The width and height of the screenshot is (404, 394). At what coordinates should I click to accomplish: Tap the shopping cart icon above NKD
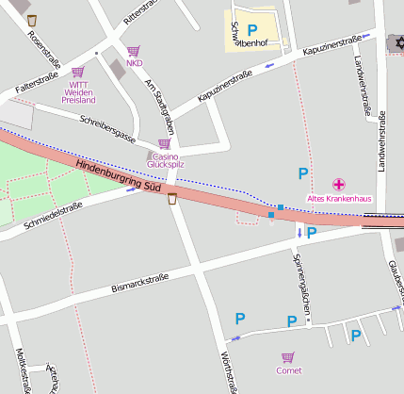[134, 51]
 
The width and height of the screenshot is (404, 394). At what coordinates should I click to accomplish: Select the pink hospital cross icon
[339, 184]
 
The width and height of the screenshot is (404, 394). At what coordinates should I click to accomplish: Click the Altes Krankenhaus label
[340, 198]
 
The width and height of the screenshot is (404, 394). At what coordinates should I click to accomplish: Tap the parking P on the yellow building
[251, 29]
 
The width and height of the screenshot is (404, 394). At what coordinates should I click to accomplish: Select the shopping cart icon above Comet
[288, 357]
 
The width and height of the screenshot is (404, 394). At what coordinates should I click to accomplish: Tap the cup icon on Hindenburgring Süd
[172, 198]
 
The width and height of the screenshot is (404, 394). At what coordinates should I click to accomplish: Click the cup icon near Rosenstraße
[32, 20]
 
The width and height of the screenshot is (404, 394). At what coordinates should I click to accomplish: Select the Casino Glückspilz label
[165, 159]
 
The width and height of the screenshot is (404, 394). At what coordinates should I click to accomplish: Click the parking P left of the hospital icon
[302, 172]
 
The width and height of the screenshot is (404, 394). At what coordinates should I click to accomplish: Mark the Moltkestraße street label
[21, 368]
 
